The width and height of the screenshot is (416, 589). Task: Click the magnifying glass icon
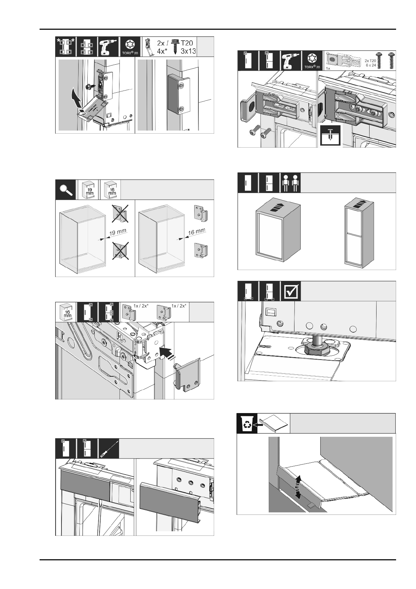click(66, 189)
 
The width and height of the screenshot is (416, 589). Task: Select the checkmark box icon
click(291, 291)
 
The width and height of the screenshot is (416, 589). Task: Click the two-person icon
click(291, 183)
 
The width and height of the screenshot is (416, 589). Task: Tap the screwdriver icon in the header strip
click(109, 448)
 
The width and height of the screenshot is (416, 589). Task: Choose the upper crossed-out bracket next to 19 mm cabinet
click(119, 213)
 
